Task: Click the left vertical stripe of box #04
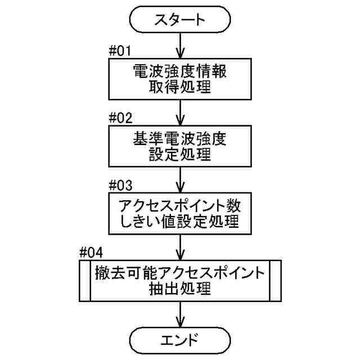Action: pyautogui.click(x=84, y=280)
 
